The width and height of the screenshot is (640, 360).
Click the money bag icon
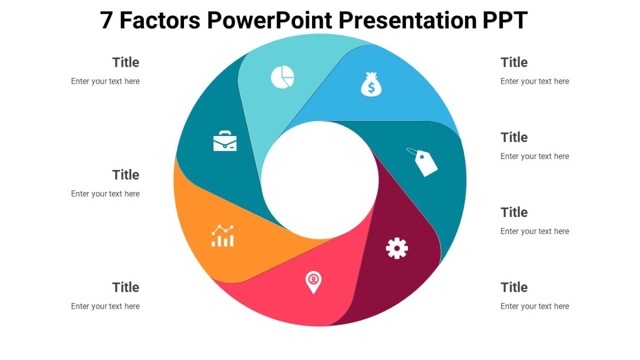coord(371,84)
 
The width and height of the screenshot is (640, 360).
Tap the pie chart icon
coord(283,77)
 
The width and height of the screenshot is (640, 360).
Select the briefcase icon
coord(225,141)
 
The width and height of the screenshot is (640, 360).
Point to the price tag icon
coord(423,162)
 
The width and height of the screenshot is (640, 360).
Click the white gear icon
coord(397,249)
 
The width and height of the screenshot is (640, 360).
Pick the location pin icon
coord(314,282)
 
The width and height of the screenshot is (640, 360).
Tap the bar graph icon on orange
coord(222,236)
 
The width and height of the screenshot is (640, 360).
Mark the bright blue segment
coord(405,96)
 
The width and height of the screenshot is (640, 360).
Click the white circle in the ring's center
coord(320,180)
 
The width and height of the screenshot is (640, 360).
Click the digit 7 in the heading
coord(107,20)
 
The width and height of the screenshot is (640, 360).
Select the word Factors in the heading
coord(160,20)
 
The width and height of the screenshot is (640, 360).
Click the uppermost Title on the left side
coord(126,62)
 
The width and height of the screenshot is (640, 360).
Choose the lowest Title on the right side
coord(514,287)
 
